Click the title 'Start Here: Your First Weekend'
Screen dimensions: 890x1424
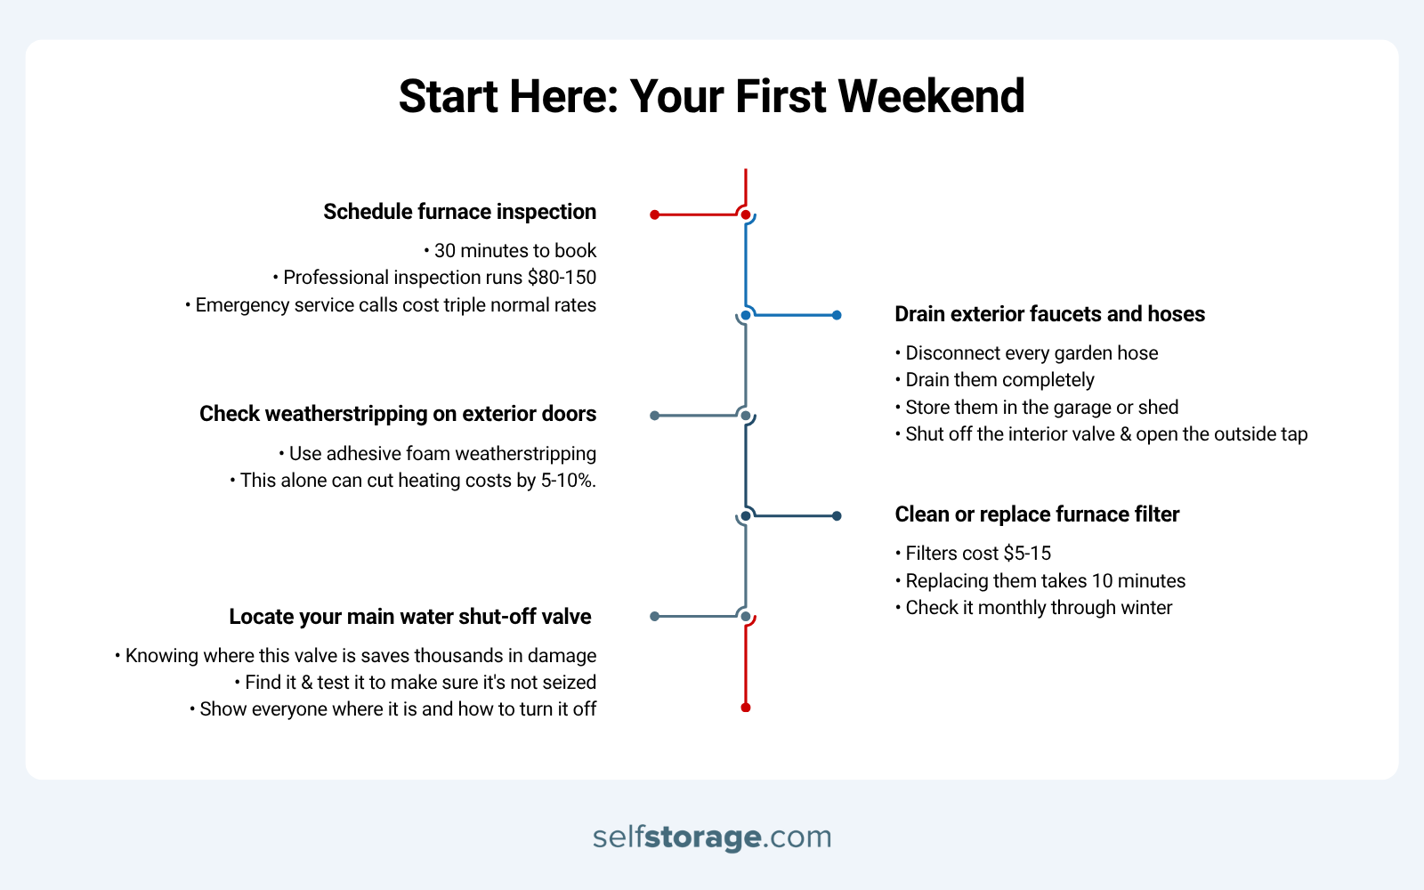[711, 96]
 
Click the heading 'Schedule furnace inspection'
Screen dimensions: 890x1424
[459, 212]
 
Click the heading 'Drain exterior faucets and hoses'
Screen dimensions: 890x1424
[1049, 314]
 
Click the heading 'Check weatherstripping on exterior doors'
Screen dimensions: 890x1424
[398, 414]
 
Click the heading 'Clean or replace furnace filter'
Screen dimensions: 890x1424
[1037, 514]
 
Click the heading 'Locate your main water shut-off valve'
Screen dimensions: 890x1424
[410, 617]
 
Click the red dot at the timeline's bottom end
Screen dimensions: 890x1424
[746, 708]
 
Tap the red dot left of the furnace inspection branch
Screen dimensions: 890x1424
[654, 214]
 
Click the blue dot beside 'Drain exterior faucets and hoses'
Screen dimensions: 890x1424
[837, 315]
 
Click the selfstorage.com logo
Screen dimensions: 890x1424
[712, 837]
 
